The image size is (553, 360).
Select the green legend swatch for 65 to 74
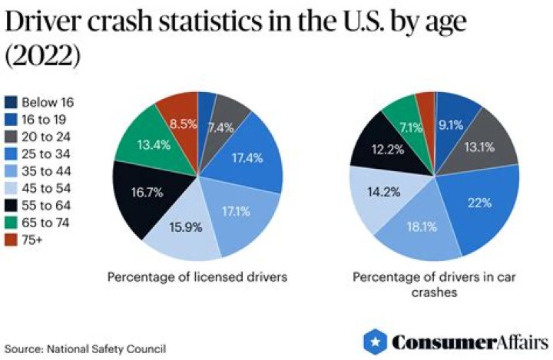pyautogui.click(x=11, y=222)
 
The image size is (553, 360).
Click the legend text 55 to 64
pyautogui.click(x=45, y=205)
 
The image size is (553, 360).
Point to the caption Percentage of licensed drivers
pyautogui.click(x=197, y=277)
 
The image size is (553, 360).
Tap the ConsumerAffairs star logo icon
pyautogui.click(x=374, y=341)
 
